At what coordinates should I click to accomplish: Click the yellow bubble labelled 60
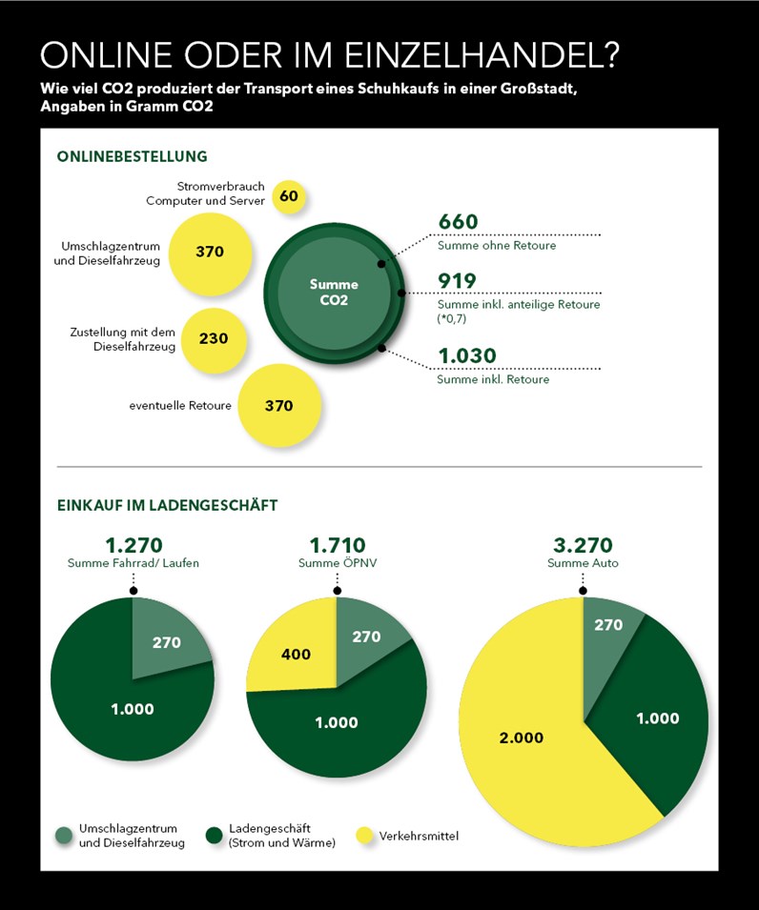click(289, 196)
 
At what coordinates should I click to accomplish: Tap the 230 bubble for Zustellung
click(214, 339)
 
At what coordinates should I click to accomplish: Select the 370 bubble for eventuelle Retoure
click(279, 405)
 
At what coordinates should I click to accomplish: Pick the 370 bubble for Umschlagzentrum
click(210, 253)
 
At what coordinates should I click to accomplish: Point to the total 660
click(459, 221)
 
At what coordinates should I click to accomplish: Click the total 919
click(457, 281)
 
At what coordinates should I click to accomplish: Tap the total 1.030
click(467, 355)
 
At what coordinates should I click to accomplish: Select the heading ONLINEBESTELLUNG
click(132, 156)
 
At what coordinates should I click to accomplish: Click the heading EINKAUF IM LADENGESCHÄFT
click(167, 505)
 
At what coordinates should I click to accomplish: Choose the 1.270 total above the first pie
click(133, 545)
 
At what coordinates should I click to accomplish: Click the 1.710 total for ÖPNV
click(338, 545)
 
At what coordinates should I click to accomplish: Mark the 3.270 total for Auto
click(583, 545)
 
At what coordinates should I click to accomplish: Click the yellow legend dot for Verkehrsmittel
click(364, 836)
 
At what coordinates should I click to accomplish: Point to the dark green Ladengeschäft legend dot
click(215, 836)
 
